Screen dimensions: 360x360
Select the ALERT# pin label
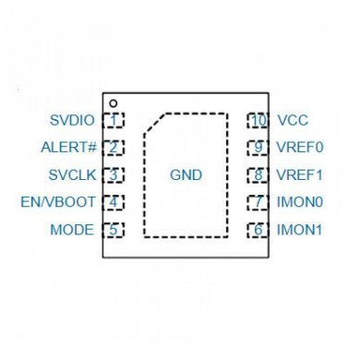tap(70, 147)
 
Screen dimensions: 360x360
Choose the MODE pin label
tap(73, 229)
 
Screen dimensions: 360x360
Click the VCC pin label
tap(292, 120)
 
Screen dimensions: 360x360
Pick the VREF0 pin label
tap(300, 147)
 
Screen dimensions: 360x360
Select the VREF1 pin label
tap(300, 174)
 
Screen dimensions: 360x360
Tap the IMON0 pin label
tap(300, 202)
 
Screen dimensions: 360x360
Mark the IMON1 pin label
tap(300, 229)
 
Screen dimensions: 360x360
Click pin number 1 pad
tap(114, 120)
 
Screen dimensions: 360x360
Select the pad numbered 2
tap(114, 147)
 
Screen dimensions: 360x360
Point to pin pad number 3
tap(114, 174)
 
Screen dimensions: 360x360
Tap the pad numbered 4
tap(114, 202)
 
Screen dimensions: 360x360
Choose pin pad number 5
tap(114, 229)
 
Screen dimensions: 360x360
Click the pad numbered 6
tap(258, 229)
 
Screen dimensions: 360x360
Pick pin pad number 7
tap(258, 202)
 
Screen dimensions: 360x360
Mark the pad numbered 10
tap(258, 120)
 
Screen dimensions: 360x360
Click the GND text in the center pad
tap(186, 174)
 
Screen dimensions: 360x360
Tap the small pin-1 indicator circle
tap(112, 102)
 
